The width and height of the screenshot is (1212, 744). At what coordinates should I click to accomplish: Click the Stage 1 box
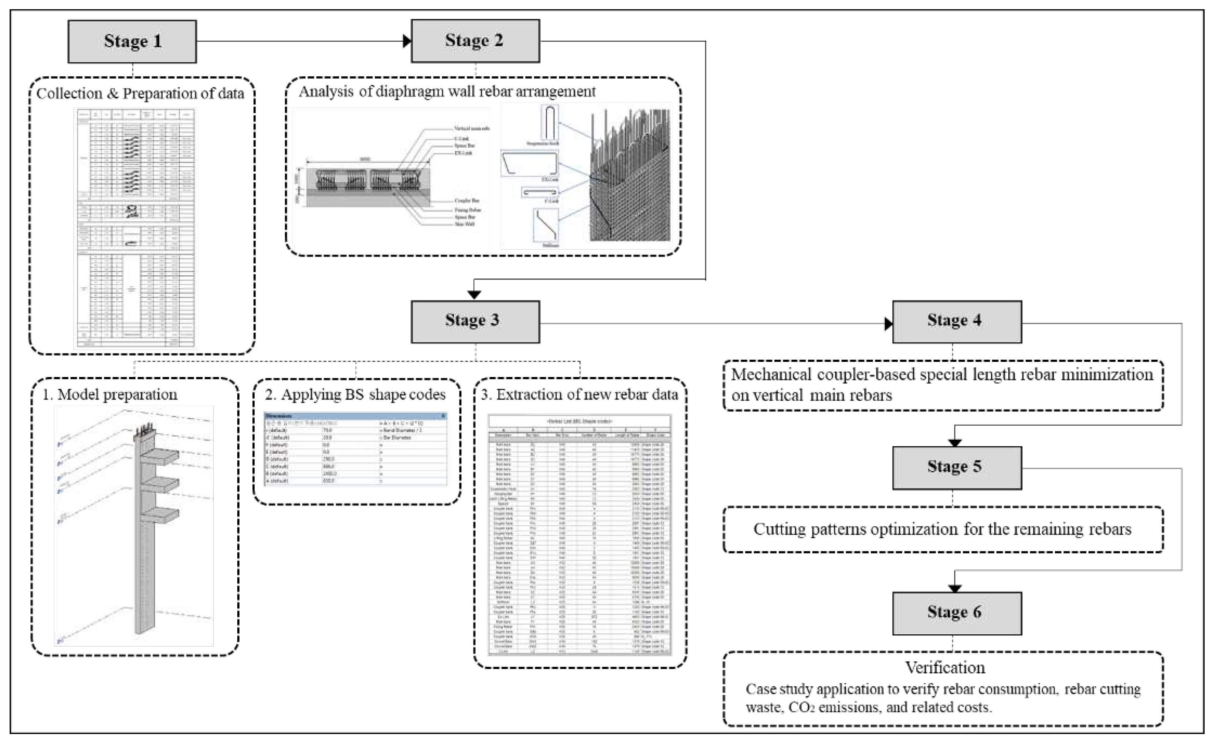pyautogui.click(x=132, y=41)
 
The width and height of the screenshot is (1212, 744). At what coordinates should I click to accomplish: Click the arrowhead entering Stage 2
pyautogui.click(x=407, y=41)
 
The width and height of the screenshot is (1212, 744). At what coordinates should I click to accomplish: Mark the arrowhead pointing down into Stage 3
pyautogui.click(x=474, y=295)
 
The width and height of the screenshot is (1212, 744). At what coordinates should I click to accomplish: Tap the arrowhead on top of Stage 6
pyautogui.click(x=954, y=589)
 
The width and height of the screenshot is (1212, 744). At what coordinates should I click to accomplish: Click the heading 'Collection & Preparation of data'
pyautogui.click(x=140, y=93)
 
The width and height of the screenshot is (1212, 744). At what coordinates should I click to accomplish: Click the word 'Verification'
pyautogui.click(x=945, y=668)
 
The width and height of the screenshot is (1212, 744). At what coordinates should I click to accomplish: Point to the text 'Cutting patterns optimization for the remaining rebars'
pyautogui.click(x=942, y=529)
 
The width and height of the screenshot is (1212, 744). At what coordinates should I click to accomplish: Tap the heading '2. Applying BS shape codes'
pyautogui.click(x=355, y=395)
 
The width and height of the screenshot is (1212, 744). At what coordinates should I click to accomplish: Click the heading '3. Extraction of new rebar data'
pyautogui.click(x=580, y=395)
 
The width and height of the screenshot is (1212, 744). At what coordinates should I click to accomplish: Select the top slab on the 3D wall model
pyautogui.click(x=159, y=456)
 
